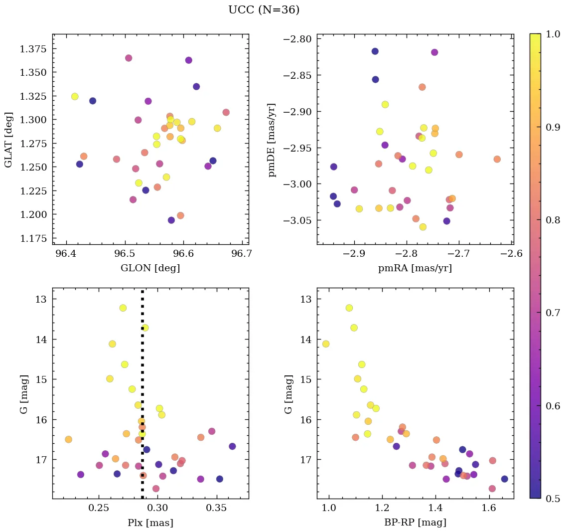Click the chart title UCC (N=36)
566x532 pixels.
pos(264,10)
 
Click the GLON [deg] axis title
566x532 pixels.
pos(150,268)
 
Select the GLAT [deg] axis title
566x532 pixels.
pos(8,139)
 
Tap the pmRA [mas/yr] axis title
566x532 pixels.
pos(415,268)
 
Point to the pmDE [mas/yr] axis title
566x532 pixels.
pos(272,140)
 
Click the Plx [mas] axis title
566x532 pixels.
pos(150,523)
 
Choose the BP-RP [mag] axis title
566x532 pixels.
pos(415,523)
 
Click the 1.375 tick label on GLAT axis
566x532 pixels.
pos(33,49)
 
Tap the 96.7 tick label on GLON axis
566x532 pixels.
pos(242,254)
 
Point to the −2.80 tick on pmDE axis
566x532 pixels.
pos(297,39)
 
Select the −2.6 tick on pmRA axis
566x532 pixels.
pos(511,254)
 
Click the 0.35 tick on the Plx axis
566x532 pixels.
pos(217,508)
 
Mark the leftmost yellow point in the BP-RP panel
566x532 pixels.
pos(326,344)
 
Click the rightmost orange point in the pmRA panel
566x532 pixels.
pos(497,159)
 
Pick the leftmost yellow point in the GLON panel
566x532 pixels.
pos(75,96)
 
